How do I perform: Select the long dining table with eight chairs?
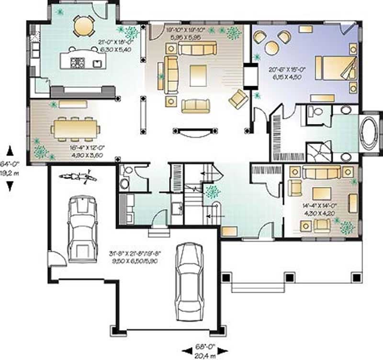pos(76,128)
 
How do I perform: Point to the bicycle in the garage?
pos(78,179)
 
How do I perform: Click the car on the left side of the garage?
pos(82,228)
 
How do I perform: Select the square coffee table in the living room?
pos(198,75)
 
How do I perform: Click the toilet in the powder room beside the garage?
pos(124,182)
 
